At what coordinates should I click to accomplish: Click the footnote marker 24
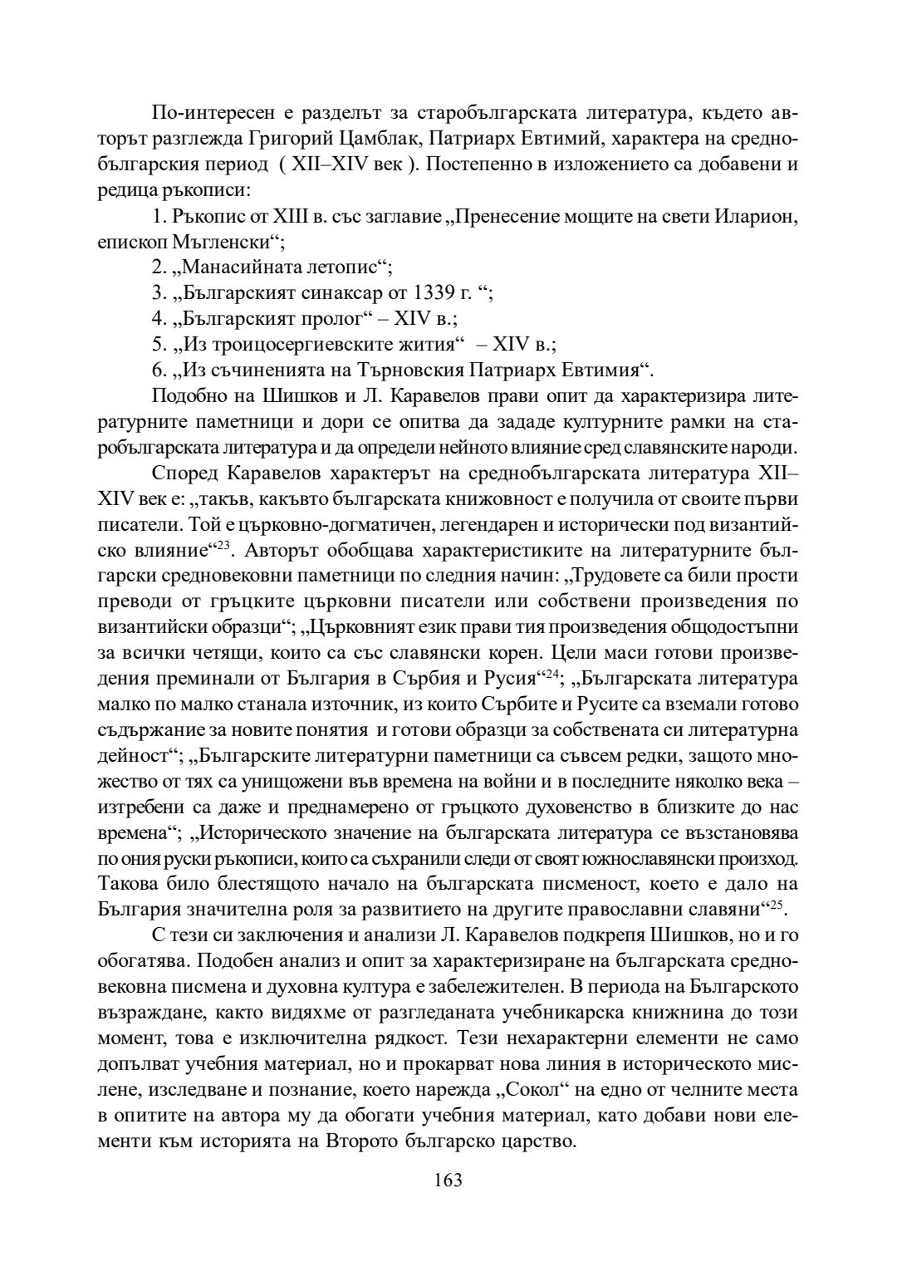549,674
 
